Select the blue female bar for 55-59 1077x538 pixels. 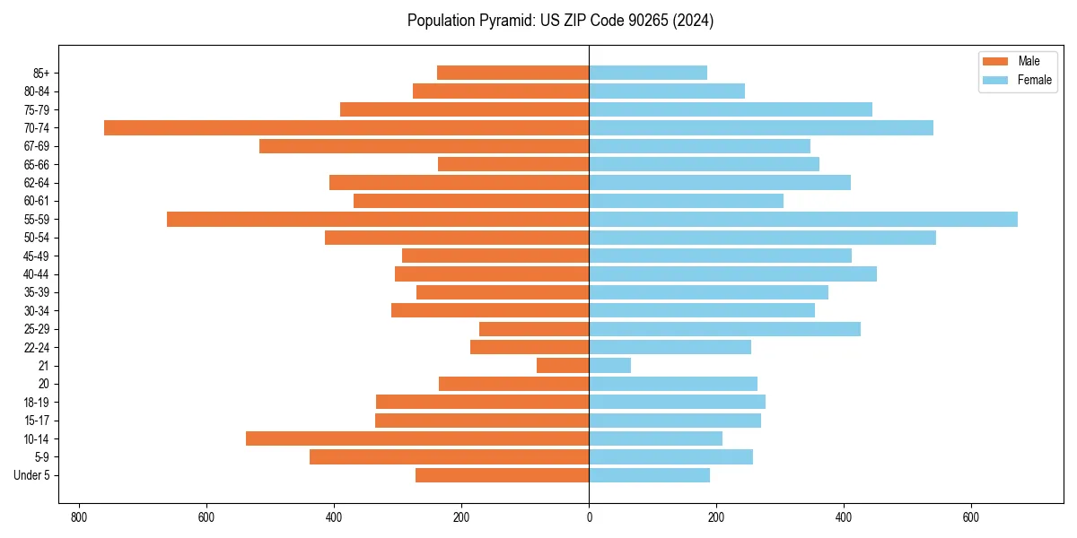coord(803,220)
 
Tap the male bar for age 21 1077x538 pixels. coord(563,366)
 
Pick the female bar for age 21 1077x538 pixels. coord(610,366)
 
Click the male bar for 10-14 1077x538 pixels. coord(417,439)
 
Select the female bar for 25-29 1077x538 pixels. coord(724,329)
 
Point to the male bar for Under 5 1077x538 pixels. coord(503,475)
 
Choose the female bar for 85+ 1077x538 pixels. coord(648,73)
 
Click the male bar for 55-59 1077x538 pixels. coord(378,220)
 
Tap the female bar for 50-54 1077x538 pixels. coord(763,238)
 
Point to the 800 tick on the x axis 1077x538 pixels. coord(79,517)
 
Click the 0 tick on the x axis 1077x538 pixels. coord(589,517)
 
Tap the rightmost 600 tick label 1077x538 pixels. coord(970,517)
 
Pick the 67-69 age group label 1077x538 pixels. coord(37,146)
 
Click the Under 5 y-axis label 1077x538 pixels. coord(31,475)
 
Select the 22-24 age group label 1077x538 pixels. coord(37,348)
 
